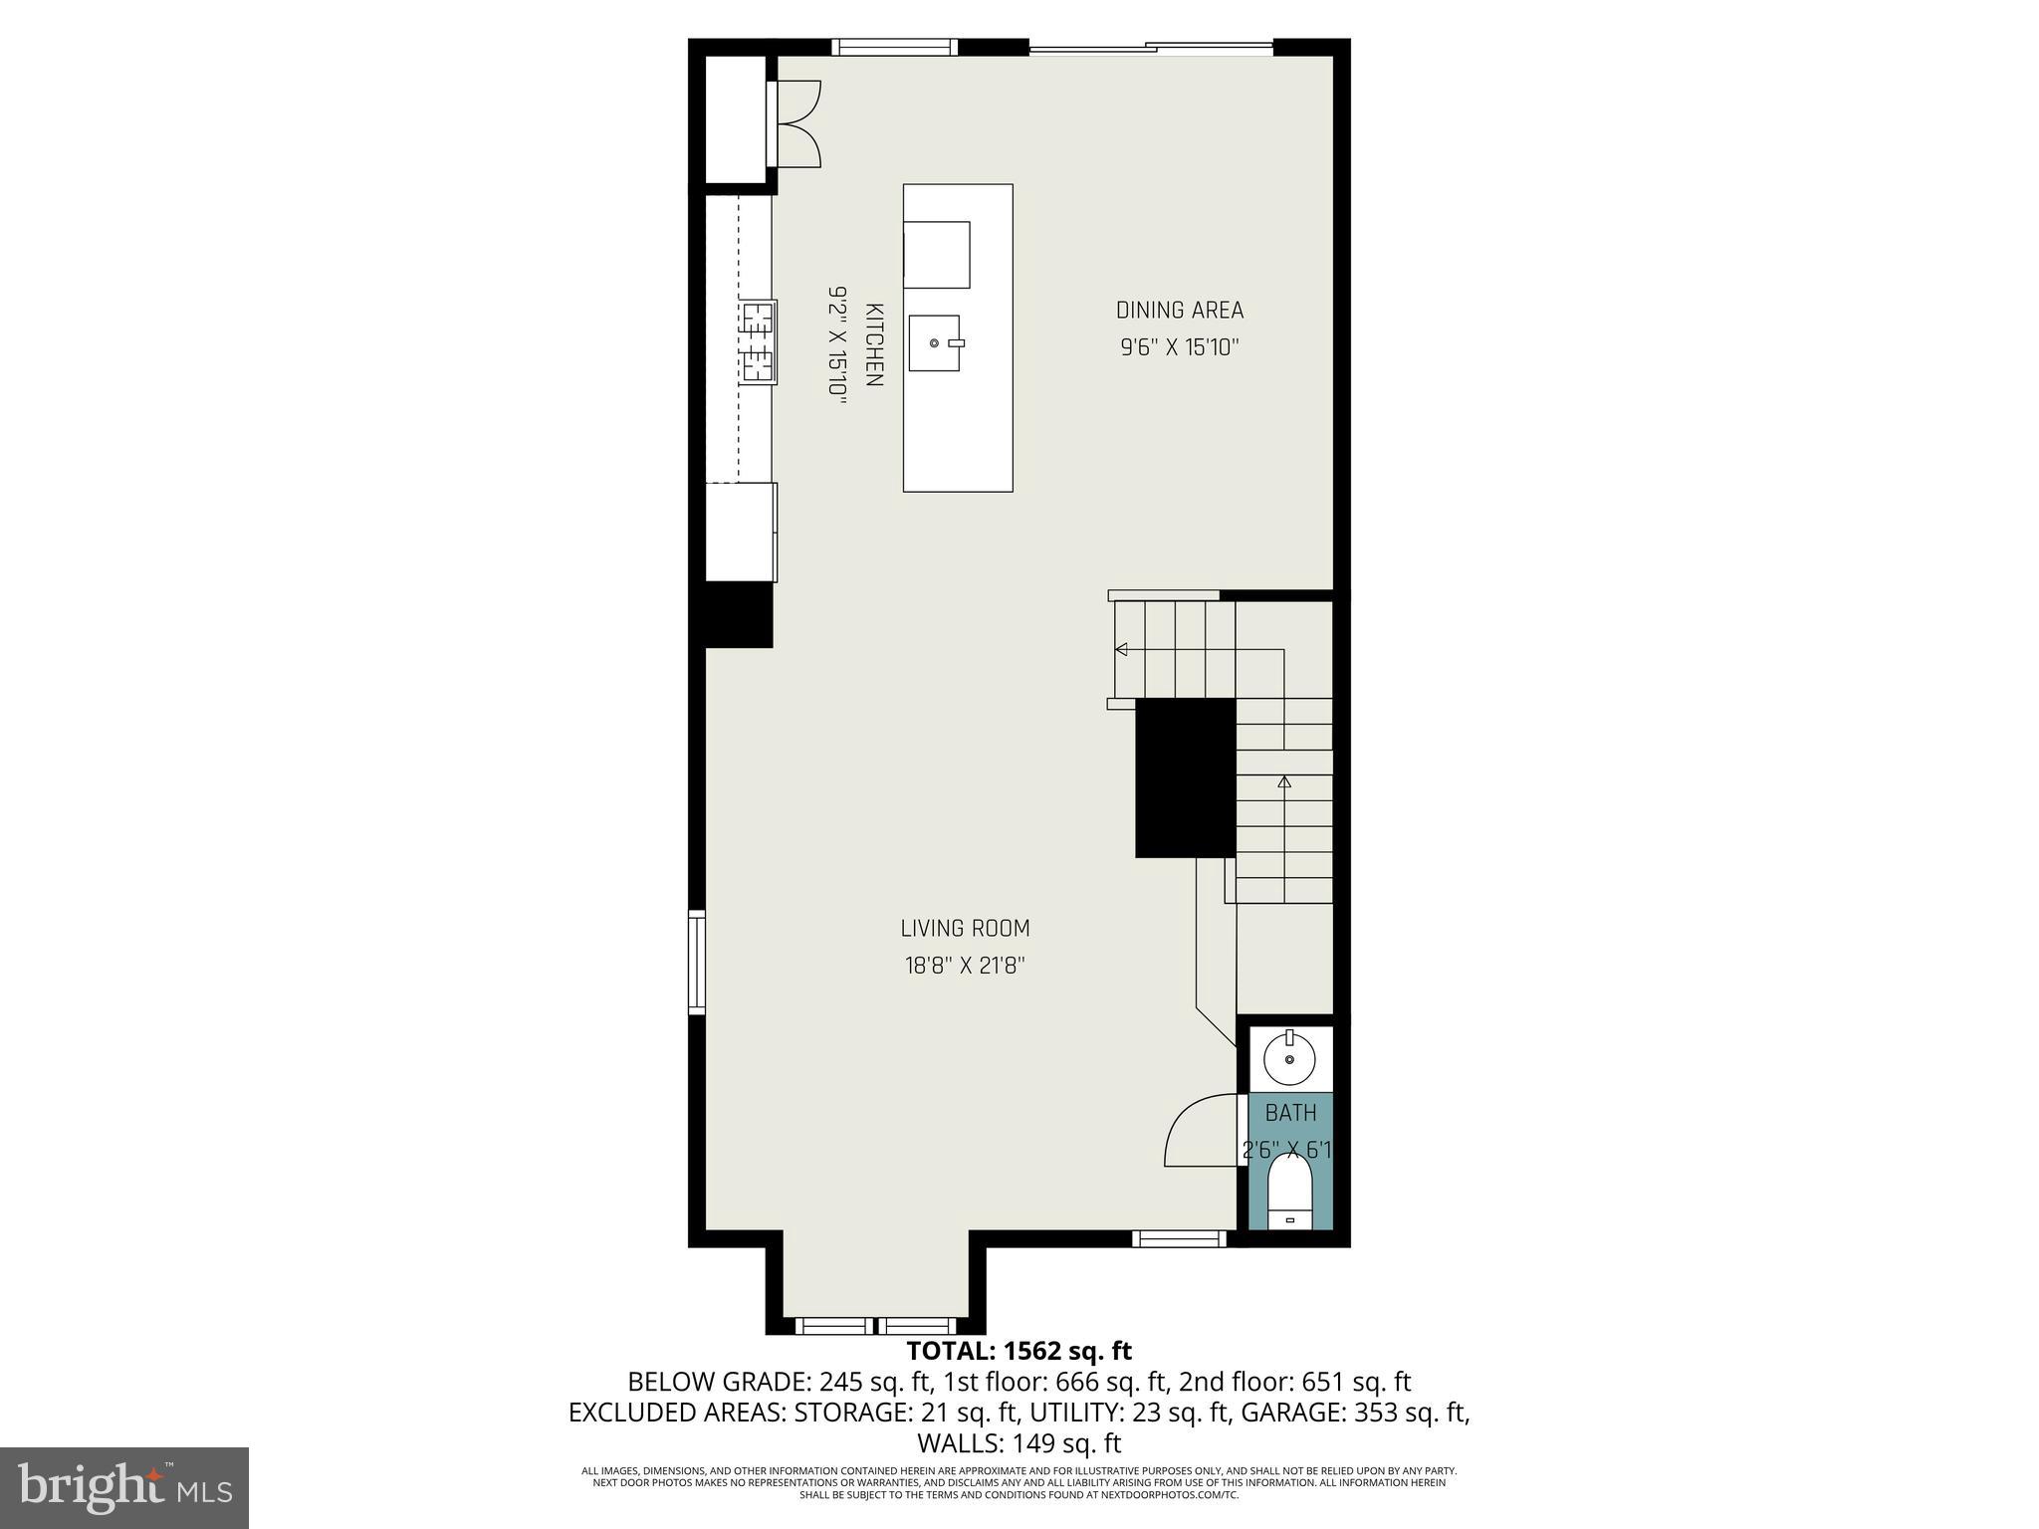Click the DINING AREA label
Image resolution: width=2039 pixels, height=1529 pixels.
1179,311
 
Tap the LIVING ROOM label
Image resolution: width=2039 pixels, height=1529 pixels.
965,929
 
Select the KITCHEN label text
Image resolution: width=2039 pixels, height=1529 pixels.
874,344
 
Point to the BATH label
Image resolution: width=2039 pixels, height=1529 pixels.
1290,1113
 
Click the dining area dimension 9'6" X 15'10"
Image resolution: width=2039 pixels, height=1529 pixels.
1179,348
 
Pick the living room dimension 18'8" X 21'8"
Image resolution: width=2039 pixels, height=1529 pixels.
965,966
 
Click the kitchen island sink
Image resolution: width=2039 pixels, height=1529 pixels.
935,342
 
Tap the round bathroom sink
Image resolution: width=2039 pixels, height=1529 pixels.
1289,1059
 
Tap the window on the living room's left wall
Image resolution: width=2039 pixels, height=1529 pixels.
697,963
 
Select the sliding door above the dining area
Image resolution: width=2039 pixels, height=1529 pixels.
1151,47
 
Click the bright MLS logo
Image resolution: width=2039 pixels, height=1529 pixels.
124,1488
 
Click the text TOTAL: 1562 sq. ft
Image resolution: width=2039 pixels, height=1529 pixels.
1019,1351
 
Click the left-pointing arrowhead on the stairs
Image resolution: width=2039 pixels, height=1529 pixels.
1121,650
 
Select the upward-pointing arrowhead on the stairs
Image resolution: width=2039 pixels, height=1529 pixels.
1284,781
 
